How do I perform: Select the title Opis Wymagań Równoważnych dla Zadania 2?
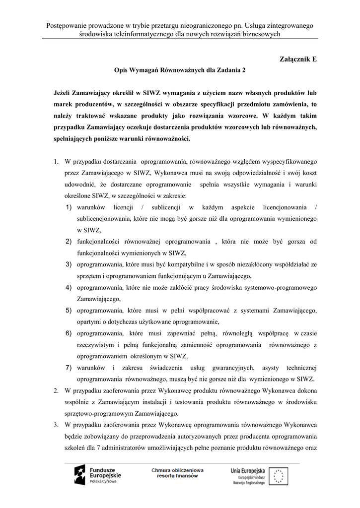point(180,70)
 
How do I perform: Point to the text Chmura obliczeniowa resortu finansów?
point(178,472)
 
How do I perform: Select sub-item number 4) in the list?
point(69,287)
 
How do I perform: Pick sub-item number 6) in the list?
point(69,333)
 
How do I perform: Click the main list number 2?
point(56,391)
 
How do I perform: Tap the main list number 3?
point(56,425)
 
